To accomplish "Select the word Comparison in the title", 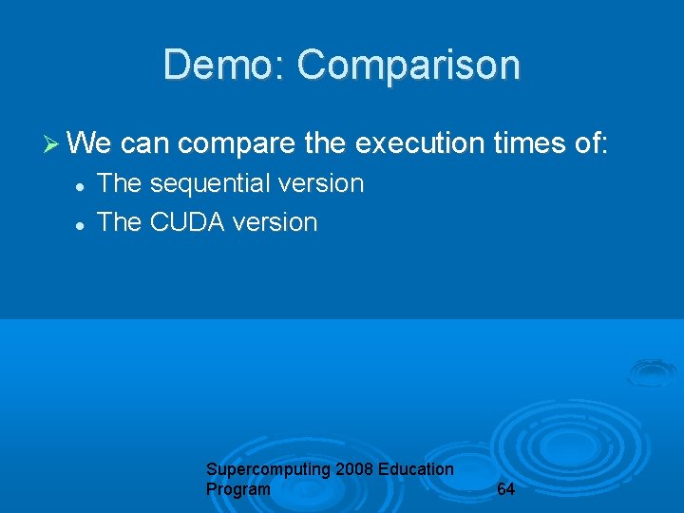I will (x=408, y=66).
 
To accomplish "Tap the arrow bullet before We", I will (x=52, y=144).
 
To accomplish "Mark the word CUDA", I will (x=189, y=222).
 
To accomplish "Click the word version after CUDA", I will (x=275, y=222).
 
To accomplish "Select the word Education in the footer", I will (x=416, y=469).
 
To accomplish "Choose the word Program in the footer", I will (x=237, y=489).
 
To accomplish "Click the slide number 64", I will (x=506, y=489).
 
